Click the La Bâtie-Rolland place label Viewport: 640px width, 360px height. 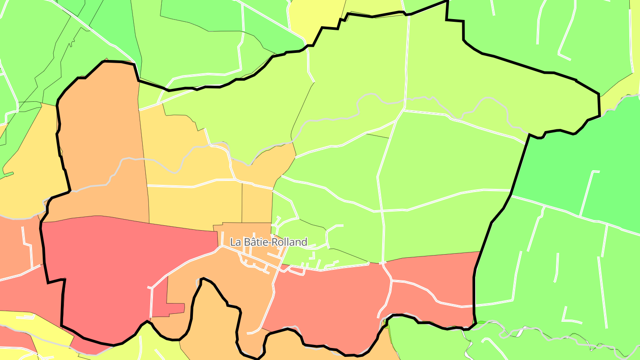tap(268, 242)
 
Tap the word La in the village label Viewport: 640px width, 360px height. tap(235, 242)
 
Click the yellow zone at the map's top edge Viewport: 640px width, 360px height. tap(316, 13)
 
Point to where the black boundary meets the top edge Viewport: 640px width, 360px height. tap(446, 1)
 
